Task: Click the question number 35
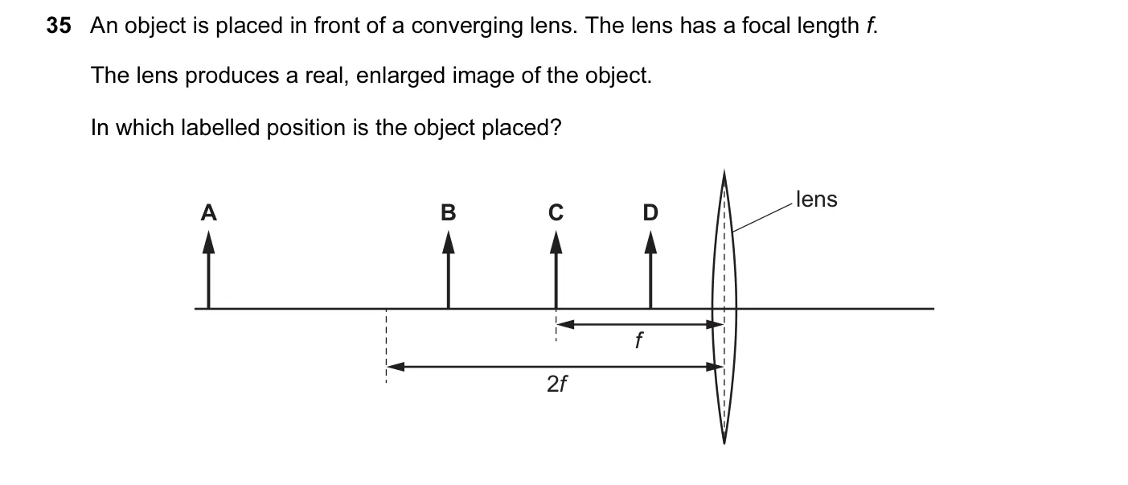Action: click(x=59, y=25)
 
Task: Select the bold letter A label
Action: click(x=208, y=212)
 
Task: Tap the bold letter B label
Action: click(x=448, y=212)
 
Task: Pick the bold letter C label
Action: click(x=556, y=212)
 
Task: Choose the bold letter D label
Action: click(x=650, y=212)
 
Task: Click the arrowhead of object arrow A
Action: click(x=208, y=242)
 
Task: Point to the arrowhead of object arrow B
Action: click(x=448, y=242)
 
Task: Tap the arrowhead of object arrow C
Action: click(x=556, y=242)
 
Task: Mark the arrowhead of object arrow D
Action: click(x=650, y=242)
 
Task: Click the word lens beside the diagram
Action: click(x=816, y=199)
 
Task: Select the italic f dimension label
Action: click(x=638, y=340)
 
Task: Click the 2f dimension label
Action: click(x=557, y=384)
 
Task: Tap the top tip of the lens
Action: click(x=724, y=171)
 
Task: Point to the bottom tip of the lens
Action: click(x=724, y=442)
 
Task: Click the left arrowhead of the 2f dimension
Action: click(x=396, y=367)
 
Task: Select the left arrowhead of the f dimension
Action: click(x=565, y=324)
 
